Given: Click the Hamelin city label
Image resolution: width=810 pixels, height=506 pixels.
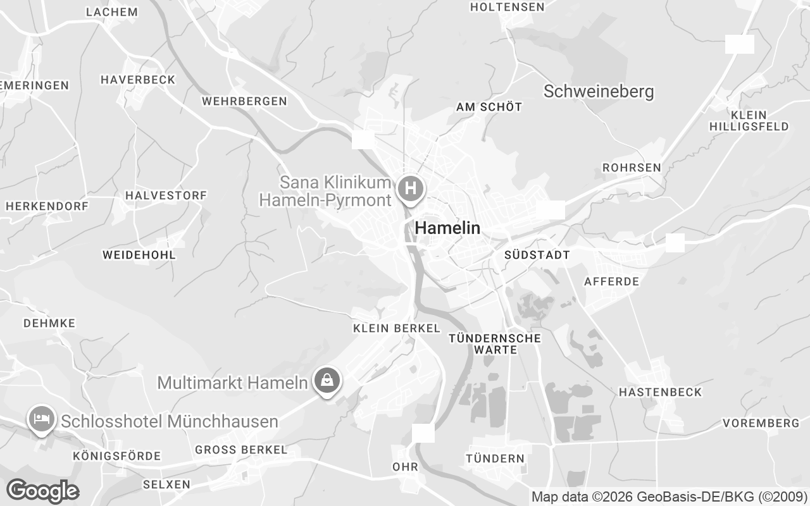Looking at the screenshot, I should point(447,228).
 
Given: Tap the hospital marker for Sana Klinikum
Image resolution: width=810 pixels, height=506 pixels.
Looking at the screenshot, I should point(411,188).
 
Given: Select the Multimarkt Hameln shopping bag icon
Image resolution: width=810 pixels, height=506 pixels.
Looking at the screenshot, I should point(327,381).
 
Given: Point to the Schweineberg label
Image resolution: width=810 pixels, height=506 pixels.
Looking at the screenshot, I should point(599,92).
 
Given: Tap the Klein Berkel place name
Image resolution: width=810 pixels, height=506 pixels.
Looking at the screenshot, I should point(396,328).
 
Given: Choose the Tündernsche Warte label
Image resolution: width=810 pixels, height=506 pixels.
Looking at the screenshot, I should point(495,343).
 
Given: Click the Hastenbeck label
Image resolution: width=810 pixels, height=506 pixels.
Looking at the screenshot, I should point(660,392).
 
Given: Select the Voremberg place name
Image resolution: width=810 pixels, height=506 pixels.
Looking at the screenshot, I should point(761,423).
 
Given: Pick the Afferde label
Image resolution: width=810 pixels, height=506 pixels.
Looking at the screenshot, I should point(612,281).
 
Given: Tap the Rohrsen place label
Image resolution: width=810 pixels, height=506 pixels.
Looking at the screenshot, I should point(632,168).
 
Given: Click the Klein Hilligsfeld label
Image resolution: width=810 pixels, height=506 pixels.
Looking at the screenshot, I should point(749,121).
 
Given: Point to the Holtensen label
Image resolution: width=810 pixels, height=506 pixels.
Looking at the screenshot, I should point(508,7).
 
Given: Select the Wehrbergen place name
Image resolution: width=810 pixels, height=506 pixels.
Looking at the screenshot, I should point(244,101).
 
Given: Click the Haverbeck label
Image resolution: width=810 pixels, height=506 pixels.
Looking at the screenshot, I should point(138,80).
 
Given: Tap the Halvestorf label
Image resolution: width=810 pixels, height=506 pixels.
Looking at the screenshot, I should point(166,195).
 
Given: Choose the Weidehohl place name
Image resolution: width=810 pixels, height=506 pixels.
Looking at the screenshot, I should point(139,255).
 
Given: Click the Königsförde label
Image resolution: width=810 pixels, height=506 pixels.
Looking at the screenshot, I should point(117,456).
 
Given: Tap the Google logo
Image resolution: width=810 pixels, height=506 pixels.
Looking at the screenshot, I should point(42,491).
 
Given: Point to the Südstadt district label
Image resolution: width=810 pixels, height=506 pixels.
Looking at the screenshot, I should point(537,255).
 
